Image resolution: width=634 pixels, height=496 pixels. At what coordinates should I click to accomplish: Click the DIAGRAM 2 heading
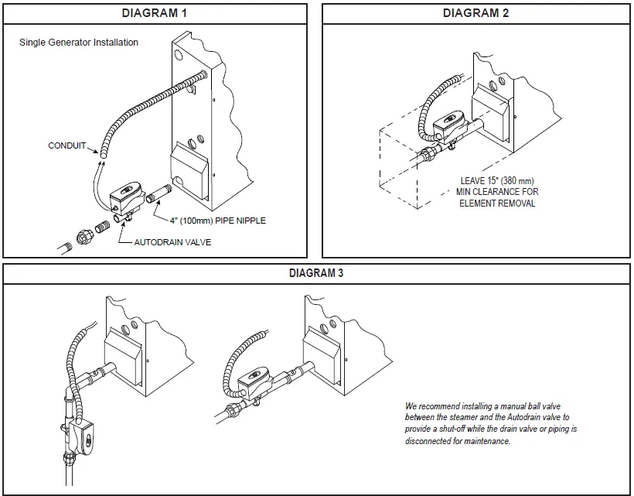pyautogui.click(x=475, y=13)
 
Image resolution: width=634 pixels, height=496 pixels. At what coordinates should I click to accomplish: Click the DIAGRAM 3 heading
pyautogui.click(x=316, y=273)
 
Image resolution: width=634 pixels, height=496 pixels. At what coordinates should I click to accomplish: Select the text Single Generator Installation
pyautogui.click(x=79, y=43)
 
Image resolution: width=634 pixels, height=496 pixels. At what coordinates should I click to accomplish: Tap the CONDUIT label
pyautogui.click(x=66, y=145)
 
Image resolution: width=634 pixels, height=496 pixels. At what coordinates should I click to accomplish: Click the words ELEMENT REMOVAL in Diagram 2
pyautogui.click(x=497, y=204)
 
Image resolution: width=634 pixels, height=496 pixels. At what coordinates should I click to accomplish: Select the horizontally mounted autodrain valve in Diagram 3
pyautogui.click(x=254, y=380)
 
